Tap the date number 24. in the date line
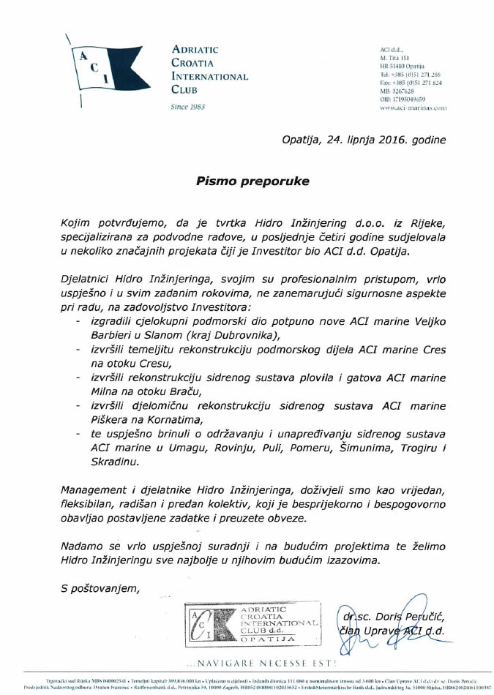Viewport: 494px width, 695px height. [x=331, y=138]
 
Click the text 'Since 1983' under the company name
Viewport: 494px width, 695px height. [x=187, y=107]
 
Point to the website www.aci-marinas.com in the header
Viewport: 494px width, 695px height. [x=413, y=108]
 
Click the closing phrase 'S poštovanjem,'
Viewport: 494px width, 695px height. [x=100, y=588]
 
